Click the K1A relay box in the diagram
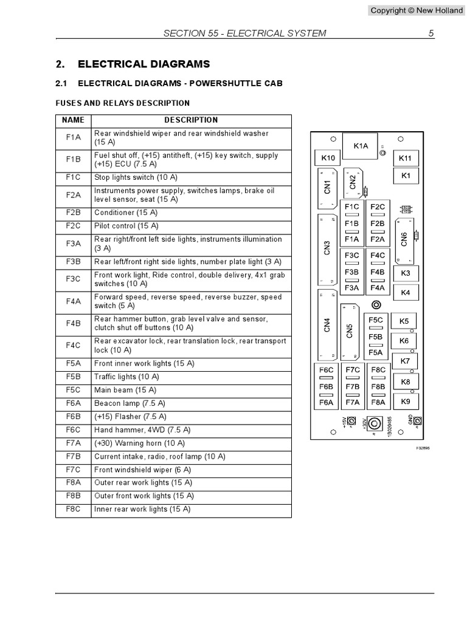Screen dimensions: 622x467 (x=361, y=146)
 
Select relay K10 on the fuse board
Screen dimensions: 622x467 (x=328, y=158)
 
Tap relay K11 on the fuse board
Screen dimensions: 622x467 (x=405, y=158)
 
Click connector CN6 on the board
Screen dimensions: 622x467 (x=404, y=239)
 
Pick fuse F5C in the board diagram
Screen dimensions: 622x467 (x=376, y=320)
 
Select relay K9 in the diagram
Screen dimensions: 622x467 (x=406, y=402)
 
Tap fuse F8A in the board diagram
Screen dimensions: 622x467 (x=378, y=402)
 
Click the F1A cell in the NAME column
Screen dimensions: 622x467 (x=74, y=137)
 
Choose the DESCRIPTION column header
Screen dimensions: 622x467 (x=191, y=120)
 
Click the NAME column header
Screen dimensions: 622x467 (x=74, y=120)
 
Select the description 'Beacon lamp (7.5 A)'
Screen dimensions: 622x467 (x=130, y=403)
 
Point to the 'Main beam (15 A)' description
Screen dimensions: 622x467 (x=125, y=390)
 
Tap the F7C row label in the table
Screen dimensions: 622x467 (x=74, y=470)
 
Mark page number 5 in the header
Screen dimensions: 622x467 (x=431, y=33)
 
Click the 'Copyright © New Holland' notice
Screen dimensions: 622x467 (x=417, y=10)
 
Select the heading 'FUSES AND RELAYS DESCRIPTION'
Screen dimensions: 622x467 (x=123, y=103)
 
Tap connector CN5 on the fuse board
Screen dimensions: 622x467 (x=349, y=331)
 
